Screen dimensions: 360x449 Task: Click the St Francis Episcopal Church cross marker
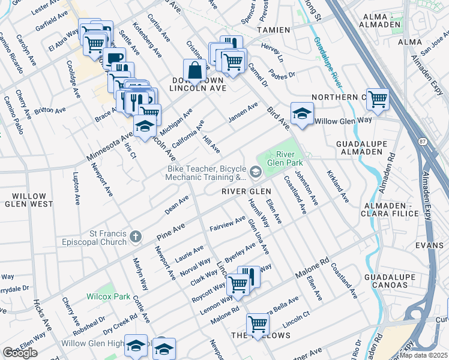point(135,237)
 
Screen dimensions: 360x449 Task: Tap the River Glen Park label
point(282,158)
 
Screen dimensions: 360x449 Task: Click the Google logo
point(20,353)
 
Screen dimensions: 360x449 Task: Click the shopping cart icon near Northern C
point(377,99)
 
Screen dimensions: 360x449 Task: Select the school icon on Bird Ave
point(302,113)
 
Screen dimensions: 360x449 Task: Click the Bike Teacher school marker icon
point(256,173)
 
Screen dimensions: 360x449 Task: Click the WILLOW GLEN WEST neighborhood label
point(29,200)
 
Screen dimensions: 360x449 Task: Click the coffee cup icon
point(113,59)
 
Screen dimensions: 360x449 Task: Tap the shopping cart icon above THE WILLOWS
point(258,324)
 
